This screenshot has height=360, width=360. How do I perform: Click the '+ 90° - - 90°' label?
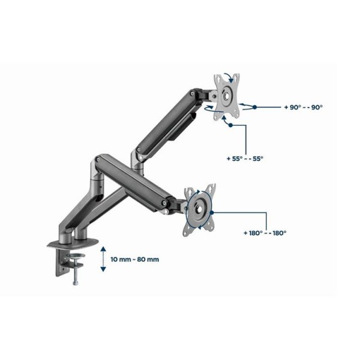click(303, 107)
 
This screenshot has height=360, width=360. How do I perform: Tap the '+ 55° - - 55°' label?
click(245, 158)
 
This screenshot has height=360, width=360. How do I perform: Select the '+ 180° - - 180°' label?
click(265, 233)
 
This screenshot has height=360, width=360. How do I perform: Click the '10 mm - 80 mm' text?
click(135, 260)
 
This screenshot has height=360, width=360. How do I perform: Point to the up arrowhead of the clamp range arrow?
click(103, 249)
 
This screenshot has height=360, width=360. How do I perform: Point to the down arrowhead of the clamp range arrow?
click(103, 269)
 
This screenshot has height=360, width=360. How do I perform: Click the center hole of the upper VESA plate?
click(226, 96)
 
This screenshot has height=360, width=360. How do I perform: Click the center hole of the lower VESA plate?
click(199, 209)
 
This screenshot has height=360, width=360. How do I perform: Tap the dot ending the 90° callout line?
click(254, 107)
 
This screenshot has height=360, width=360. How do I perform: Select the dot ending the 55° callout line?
click(230, 125)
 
